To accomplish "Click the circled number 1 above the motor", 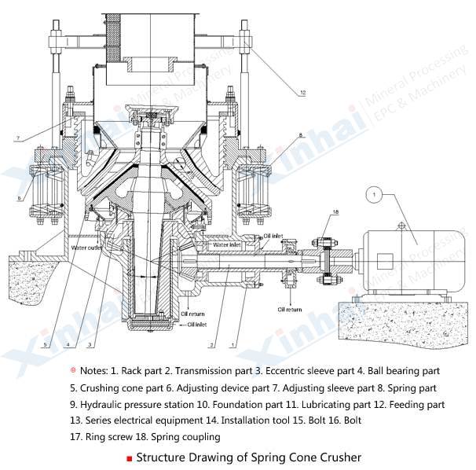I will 375,192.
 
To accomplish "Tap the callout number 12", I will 302,93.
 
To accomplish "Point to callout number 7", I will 16,138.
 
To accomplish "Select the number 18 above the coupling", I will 335,213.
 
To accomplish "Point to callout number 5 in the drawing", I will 46,343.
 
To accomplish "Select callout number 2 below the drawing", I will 211,344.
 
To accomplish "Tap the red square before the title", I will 129,457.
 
